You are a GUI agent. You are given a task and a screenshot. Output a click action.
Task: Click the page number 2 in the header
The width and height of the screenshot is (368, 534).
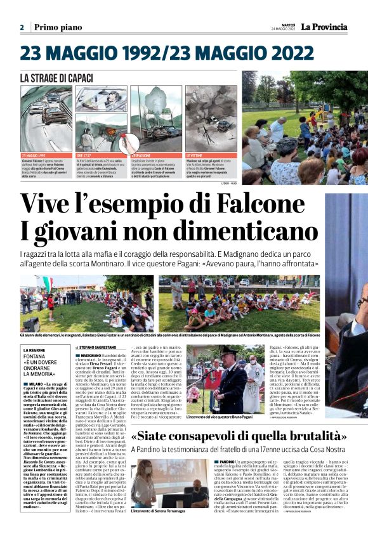pyautogui.click(x=22, y=27)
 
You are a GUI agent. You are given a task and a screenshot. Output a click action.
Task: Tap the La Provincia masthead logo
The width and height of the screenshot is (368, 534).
pyautogui.click(x=324, y=27)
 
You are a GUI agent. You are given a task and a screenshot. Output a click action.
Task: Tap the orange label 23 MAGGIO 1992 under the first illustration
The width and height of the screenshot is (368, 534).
pyautogui.click(x=34, y=155)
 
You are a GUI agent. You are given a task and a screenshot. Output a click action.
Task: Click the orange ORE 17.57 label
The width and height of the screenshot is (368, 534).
pyautogui.click(x=85, y=155)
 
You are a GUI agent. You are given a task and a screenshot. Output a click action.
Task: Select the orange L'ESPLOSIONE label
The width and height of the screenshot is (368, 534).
pyautogui.click(x=141, y=155)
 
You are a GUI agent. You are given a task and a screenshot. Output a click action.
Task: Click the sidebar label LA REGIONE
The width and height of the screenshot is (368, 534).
pyautogui.click(x=35, y=350)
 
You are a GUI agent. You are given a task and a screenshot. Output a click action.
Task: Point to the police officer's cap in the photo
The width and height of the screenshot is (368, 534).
pyautogui.click(x=228, y=350)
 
